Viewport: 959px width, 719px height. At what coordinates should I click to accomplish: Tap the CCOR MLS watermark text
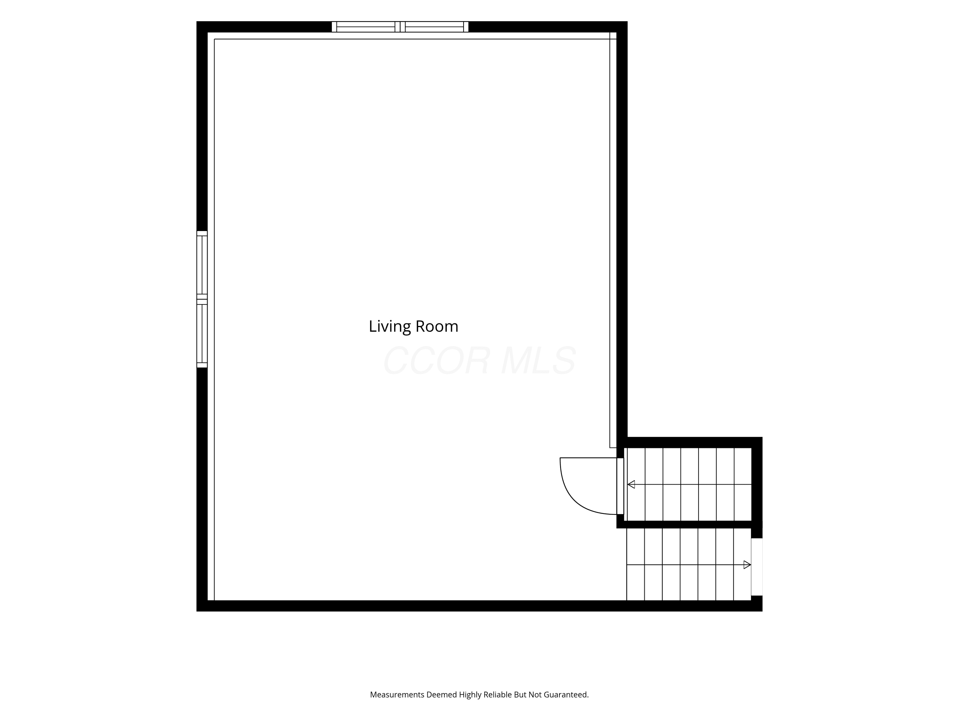479,360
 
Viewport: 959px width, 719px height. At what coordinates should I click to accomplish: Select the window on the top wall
400,27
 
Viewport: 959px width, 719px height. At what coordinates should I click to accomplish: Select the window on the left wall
202,299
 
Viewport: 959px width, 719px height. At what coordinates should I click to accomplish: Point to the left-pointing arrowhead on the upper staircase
631,484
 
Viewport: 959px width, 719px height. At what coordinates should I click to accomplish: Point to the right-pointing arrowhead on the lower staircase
747,565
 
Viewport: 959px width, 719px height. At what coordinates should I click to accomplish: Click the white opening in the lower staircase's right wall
757,567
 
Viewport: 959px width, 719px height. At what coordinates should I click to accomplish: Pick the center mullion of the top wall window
400,27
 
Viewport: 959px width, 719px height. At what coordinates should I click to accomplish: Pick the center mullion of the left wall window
202,299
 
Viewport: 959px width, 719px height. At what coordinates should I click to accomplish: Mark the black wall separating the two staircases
689,524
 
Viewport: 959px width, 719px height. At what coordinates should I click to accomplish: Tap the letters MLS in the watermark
538,360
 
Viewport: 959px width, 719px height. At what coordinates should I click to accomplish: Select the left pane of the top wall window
365,27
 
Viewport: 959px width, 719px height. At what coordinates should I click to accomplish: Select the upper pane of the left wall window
202,265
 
